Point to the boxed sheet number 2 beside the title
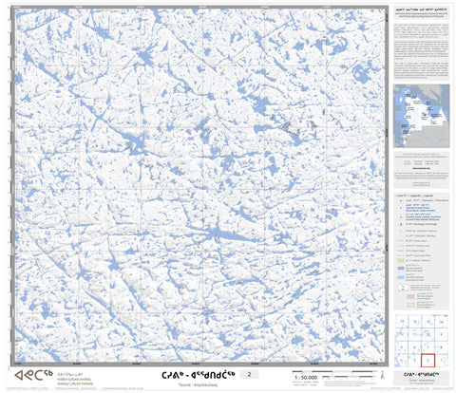click(x=250, y=376)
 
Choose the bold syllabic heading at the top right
click(x=418, y=7)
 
